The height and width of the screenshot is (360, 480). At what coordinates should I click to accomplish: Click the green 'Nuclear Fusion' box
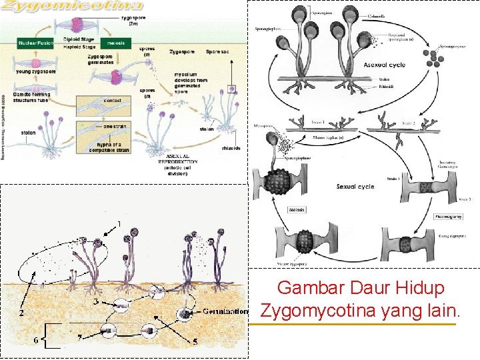(35, 43)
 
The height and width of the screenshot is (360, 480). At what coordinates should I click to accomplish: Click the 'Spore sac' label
(219, 51)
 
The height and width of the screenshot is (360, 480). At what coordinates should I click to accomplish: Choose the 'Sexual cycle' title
(355, 186)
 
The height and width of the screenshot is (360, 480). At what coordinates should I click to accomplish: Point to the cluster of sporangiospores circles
(437, 61)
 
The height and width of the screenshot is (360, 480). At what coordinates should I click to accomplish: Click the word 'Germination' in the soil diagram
(225, 311)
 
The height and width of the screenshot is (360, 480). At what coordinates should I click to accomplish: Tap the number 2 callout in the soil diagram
(22, 312)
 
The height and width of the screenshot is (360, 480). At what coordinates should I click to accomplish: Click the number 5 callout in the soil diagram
(195, 341)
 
